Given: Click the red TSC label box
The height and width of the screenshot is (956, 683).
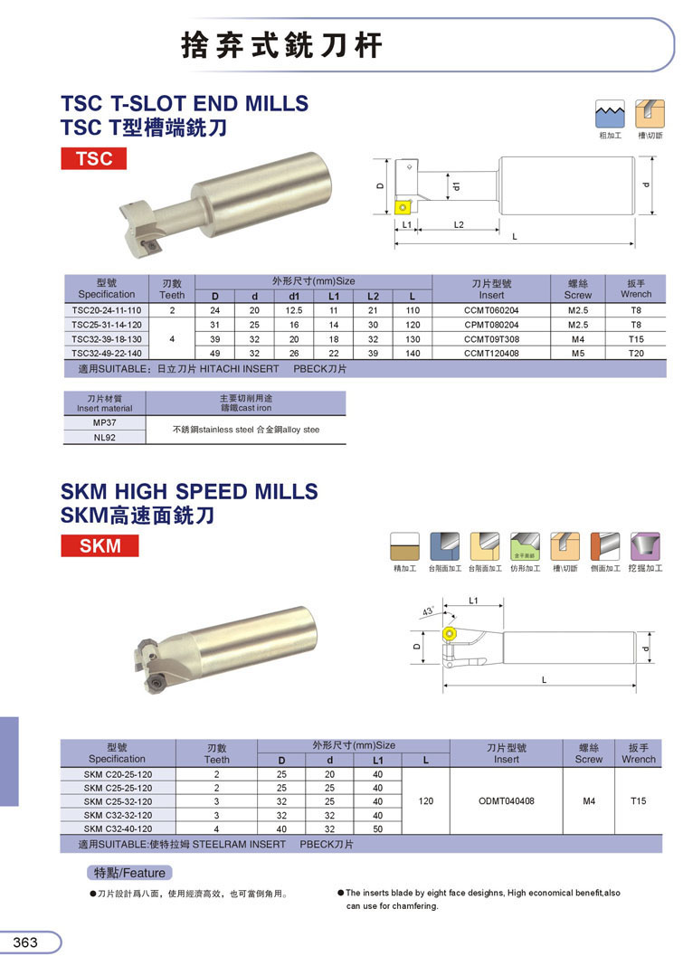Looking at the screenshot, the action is (94, 158).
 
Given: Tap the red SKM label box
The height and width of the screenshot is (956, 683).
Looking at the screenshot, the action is (100, 545).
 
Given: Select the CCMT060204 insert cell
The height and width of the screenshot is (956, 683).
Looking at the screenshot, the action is (491, 310).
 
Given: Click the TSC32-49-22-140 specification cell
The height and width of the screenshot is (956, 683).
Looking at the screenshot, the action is (107, 353).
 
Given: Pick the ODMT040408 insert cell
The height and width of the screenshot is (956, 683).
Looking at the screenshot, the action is (507, 801).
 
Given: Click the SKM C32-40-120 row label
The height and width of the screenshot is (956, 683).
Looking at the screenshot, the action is (119, 828).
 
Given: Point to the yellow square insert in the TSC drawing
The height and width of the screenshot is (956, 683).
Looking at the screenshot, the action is (403, 207).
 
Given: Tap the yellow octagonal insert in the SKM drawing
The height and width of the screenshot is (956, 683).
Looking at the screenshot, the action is (450, 634).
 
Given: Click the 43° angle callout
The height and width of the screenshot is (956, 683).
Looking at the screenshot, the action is (428, 611).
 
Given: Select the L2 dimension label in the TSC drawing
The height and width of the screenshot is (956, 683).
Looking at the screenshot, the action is (459, 225).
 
